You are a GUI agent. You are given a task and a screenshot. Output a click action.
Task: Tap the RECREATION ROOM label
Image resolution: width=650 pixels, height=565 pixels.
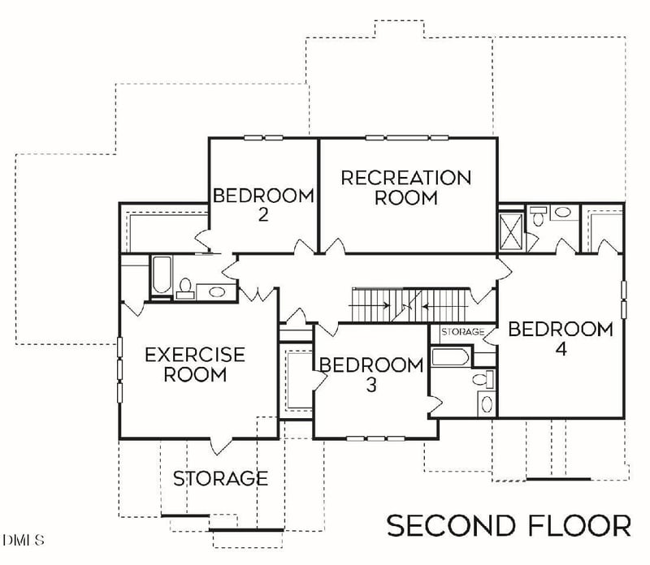coord(405,187)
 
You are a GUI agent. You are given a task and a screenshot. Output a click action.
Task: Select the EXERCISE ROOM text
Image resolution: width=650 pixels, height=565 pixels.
coord(194,364)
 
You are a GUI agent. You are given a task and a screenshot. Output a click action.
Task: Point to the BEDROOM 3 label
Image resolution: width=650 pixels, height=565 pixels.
coord(370,374)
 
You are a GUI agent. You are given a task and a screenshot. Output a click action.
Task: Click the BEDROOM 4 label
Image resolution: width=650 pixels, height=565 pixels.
coord(560,339)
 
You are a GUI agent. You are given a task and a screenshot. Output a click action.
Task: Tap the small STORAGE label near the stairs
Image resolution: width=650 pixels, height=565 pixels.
coord(462,332)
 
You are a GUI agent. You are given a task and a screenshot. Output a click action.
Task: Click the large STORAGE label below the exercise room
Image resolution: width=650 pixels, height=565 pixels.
coord(220,478)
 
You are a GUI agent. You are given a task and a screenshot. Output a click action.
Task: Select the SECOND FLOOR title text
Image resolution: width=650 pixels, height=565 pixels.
coord(508,525)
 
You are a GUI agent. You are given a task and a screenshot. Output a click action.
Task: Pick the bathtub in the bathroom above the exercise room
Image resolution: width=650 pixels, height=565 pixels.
coord(160,277)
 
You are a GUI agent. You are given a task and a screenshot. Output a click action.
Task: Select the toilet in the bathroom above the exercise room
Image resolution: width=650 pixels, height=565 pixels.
coord(186,288)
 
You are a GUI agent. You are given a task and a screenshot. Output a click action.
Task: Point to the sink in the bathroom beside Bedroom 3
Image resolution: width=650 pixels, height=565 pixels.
coord(487,403)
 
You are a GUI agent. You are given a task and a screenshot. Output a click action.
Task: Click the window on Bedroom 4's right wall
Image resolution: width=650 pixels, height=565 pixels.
coord(624,300)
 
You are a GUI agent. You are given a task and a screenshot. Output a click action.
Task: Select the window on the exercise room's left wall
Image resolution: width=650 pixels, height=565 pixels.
coord(119,369)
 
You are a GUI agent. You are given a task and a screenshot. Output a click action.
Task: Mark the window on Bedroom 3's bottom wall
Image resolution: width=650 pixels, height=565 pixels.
coord(370,438)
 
